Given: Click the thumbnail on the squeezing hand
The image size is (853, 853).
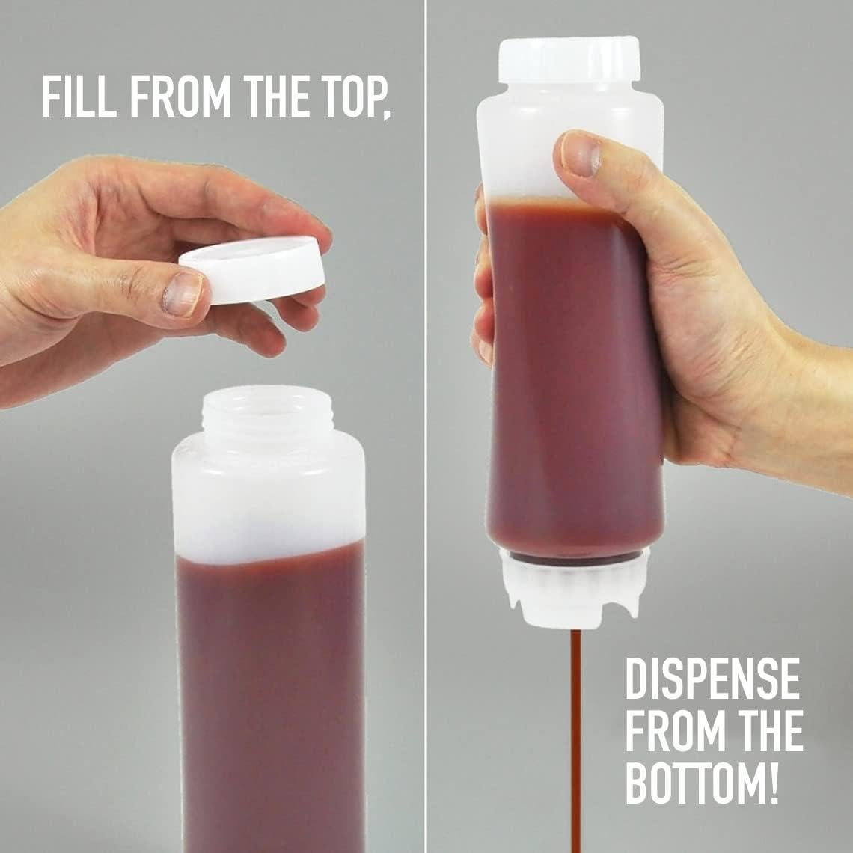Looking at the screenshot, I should pyautogui.click(x=581, y=156).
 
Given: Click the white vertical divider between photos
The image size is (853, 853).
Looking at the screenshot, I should pyautogui.click(x=426, y=426).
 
